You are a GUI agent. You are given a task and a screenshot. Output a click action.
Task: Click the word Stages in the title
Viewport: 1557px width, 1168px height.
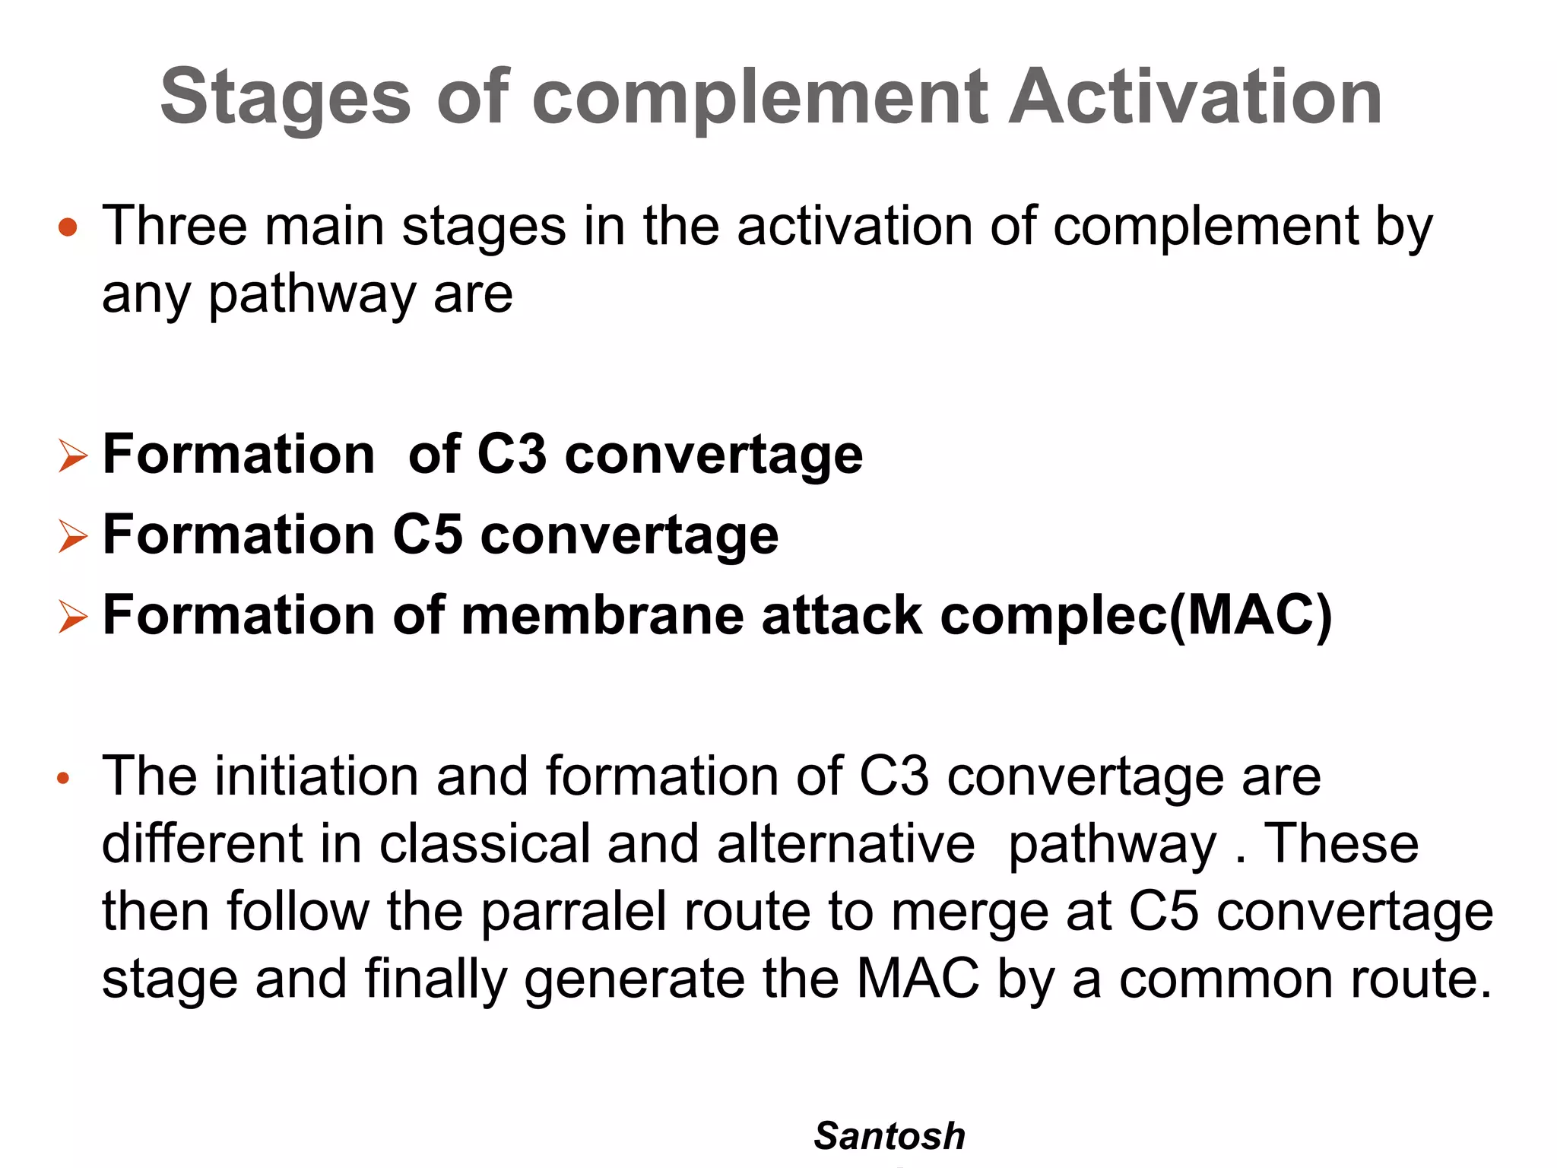(285, 97)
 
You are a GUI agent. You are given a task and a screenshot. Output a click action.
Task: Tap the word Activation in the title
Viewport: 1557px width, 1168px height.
(1194, 97)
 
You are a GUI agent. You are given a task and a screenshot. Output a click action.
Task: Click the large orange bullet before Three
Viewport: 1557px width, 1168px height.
(68, 227)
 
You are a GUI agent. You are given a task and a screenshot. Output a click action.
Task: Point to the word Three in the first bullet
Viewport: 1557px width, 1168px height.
(175, 226)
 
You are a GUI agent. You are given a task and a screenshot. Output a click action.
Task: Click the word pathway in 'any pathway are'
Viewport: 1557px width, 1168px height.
(312, 295)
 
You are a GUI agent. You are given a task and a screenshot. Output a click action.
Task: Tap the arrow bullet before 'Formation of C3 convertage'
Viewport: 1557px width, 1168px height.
(73, 456)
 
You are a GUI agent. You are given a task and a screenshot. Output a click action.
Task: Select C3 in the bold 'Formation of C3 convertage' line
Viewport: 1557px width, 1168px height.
(511, 454)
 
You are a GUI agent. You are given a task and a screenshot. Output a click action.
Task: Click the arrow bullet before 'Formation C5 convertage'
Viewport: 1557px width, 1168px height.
(73, 537)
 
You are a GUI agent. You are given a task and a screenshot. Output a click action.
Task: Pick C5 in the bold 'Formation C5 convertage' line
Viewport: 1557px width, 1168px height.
(427, 535)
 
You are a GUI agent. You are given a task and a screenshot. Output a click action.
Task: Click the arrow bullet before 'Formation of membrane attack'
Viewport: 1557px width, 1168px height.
(73, 617)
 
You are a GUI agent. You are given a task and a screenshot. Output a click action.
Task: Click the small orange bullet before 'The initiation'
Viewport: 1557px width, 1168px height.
(64, 778)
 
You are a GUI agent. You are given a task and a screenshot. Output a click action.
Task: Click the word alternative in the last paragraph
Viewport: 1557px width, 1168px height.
(845, 843)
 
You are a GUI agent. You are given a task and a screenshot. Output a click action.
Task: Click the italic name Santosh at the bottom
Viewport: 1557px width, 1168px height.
(889, 1136)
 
